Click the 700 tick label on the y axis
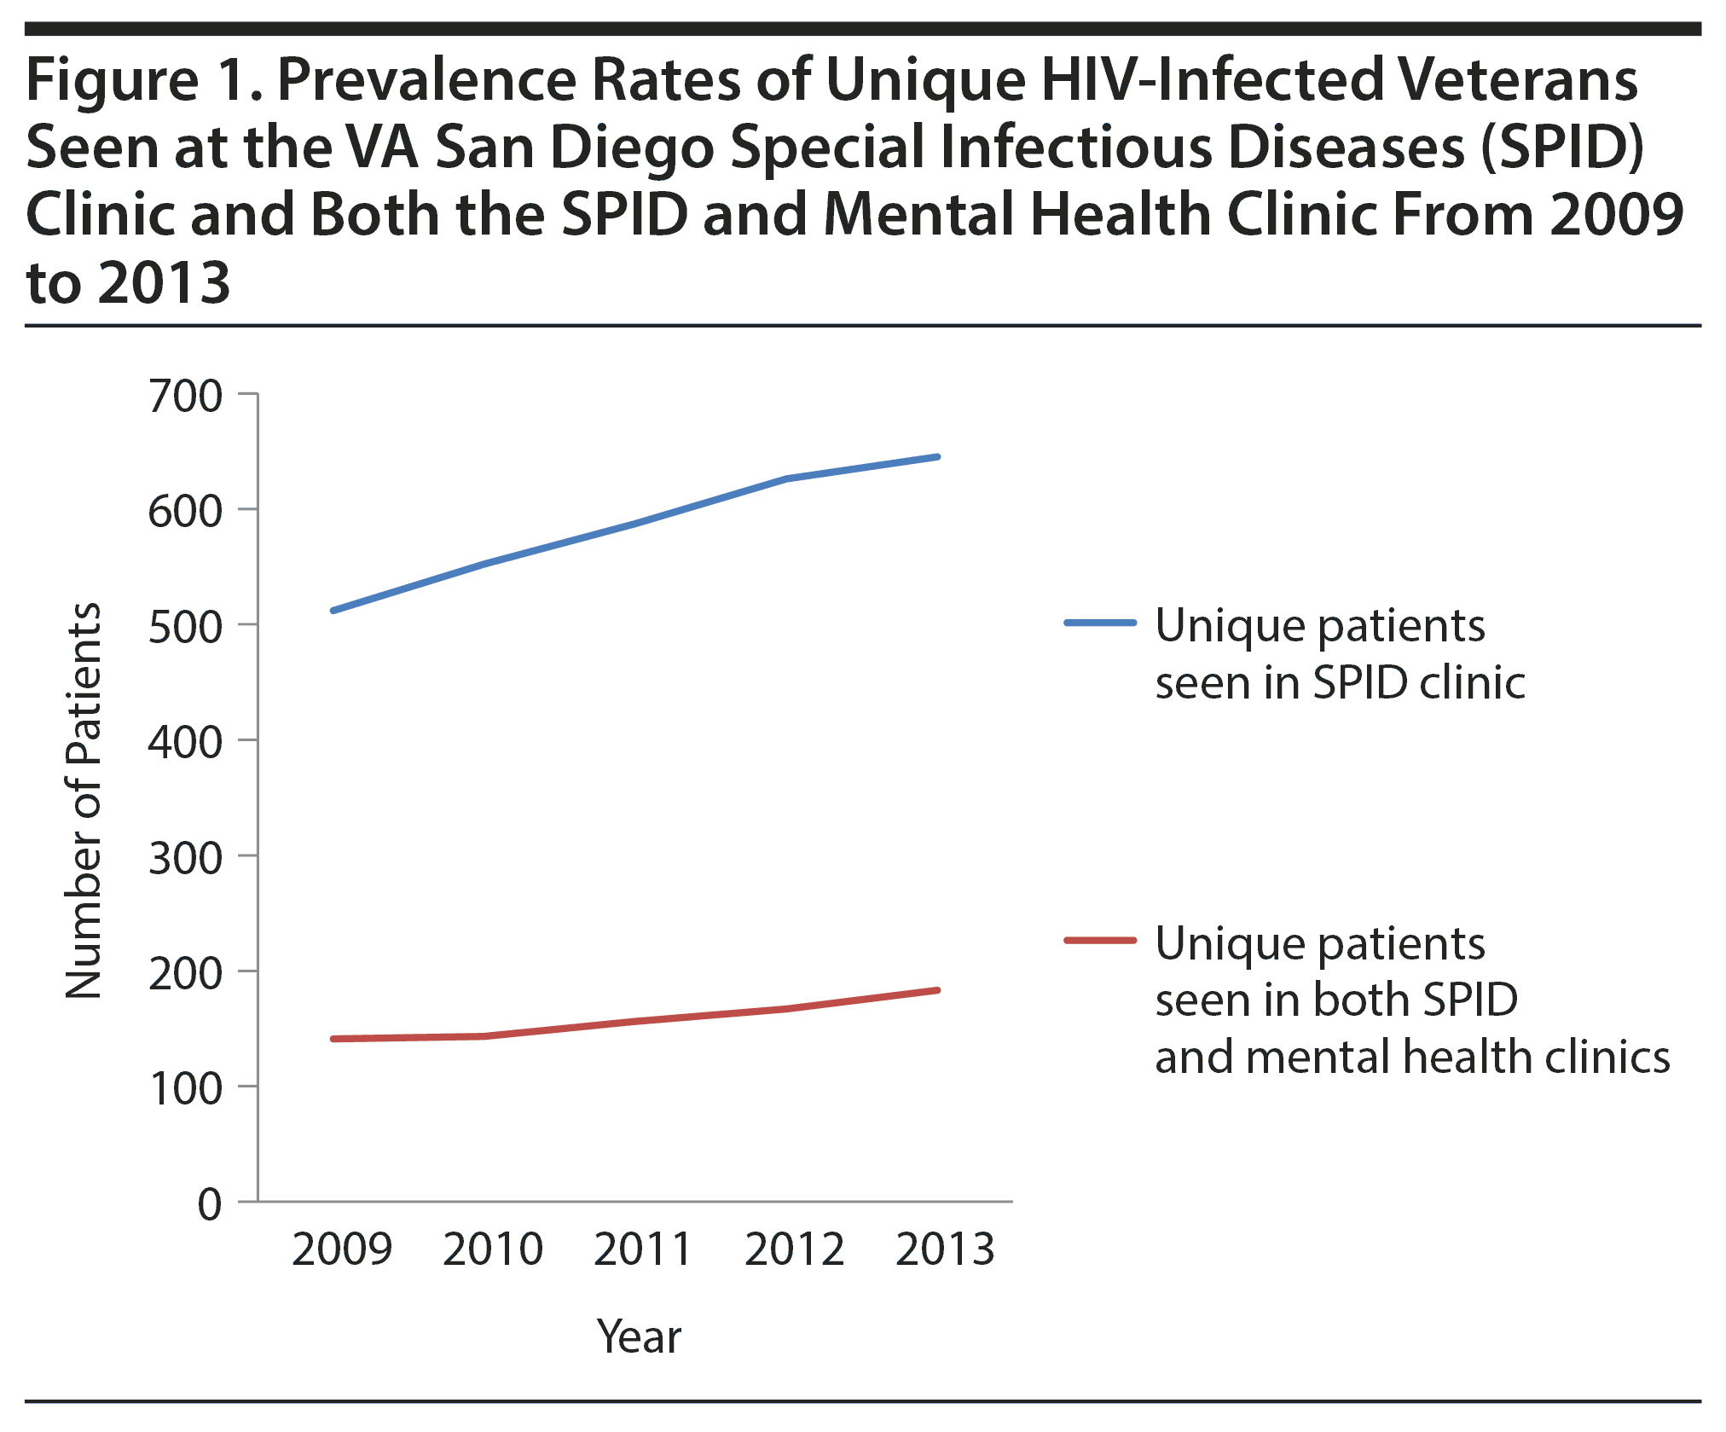(185, 397)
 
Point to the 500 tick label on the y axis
(185, 628)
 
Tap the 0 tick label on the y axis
(210, 1205)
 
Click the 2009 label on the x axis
(342, 1249)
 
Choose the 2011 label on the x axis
(643, 1249)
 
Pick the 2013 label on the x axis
(945, 1249)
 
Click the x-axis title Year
(639, 1336)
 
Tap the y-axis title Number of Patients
(84, 800)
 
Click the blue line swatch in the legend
(1100, 623)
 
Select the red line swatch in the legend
(1100, 941)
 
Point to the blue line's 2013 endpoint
(938, 457)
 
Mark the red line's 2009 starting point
(333, 1039)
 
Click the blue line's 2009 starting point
(333, 611)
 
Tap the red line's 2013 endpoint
(938, 990)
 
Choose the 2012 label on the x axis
(794, 1249)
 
